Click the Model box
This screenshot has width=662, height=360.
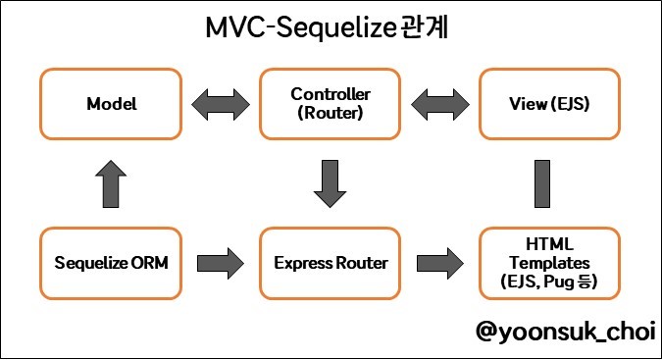(x=111, y=104)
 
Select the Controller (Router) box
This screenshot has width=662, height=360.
(x=331, y=104)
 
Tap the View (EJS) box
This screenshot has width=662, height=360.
(x=549, y=104)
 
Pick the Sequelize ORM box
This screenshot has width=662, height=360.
(x=111, y=263)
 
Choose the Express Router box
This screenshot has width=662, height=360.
(x=331, y=263)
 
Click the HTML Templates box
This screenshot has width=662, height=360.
(x=549, y=263)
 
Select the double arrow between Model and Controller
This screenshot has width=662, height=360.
(x=221, y=104)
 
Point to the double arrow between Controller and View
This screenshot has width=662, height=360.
(x=440, y=104)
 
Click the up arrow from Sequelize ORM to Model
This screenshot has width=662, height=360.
(x=111, y=184)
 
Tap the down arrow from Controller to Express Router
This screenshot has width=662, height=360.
(x=331, y=184)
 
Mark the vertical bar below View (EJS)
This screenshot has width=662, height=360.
(x=542, y=184)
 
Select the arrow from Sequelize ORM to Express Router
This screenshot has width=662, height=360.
(x=221, y=263)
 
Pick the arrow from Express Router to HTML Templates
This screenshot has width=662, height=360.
(x=440, y=263)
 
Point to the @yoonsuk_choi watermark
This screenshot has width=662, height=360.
(x=566, y=332)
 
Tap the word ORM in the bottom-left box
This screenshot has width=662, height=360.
(x=149, y=263)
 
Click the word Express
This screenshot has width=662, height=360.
(x=303, y=264)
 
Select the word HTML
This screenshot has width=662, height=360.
(x=549, y=244)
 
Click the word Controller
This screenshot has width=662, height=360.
(x=331, y=94)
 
